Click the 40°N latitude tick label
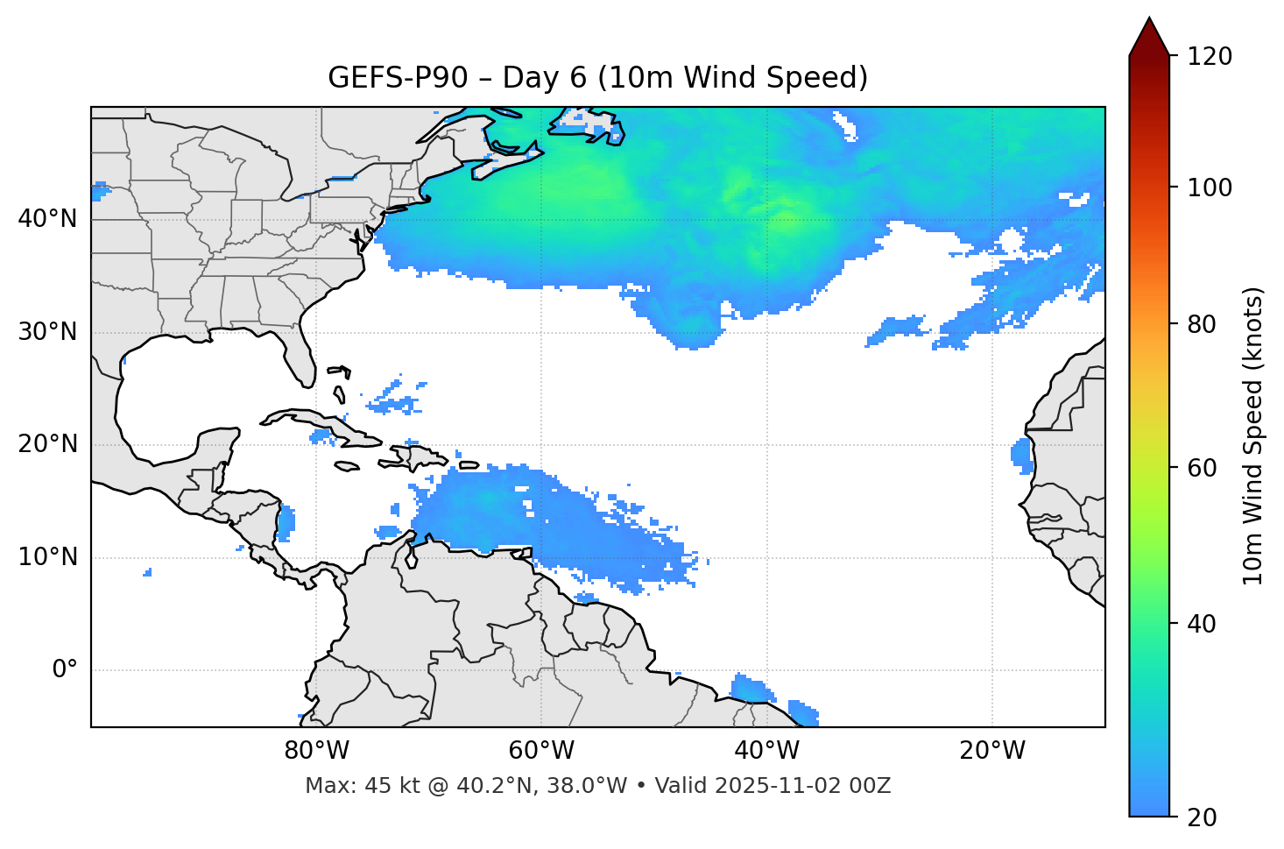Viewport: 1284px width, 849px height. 47,219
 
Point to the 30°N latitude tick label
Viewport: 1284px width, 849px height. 47,332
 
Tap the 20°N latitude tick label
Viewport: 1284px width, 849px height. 47,444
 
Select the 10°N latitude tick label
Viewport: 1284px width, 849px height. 47,557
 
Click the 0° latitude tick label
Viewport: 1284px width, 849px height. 65,670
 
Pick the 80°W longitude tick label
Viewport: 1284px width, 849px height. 316,751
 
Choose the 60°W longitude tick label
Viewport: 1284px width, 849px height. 541,751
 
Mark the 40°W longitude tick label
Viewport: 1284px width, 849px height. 767,751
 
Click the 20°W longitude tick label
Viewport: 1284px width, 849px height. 992,751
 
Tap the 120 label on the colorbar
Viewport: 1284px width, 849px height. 1210,57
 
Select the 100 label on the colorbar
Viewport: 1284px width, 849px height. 1210,187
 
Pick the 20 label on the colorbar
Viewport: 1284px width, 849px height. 1202,817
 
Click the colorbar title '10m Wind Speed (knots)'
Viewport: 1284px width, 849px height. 1253,436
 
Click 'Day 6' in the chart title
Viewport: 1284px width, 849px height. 544,78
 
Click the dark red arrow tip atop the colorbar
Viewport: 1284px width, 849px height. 1149,35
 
